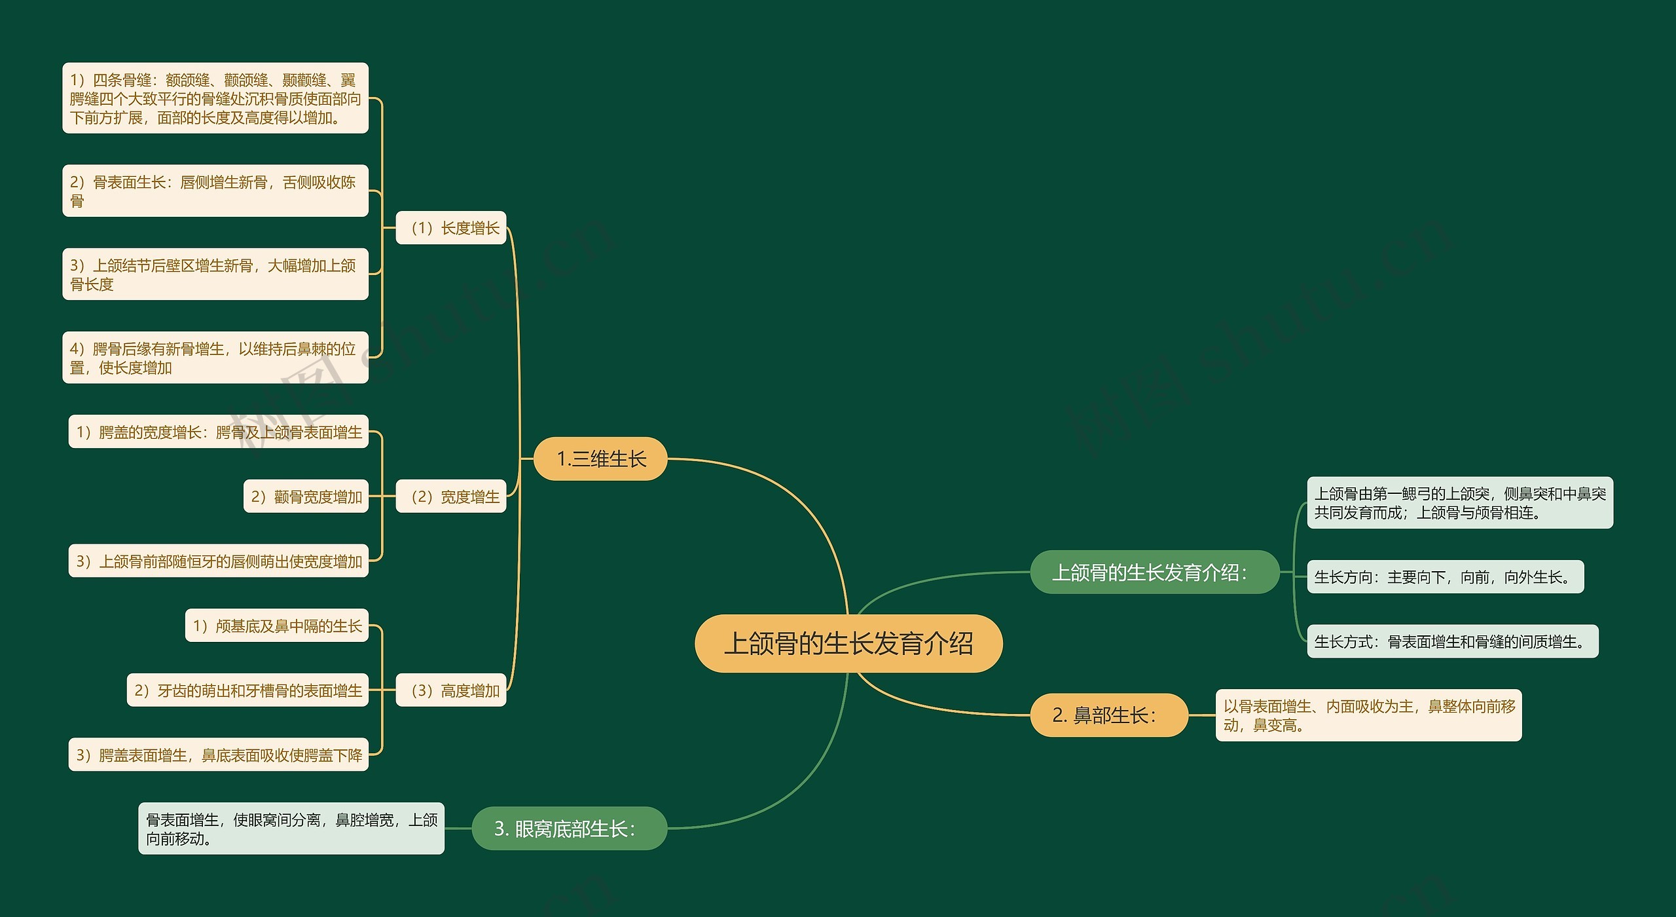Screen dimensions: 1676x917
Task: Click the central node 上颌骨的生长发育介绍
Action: (848, 643)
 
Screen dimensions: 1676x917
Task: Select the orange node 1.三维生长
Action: (600, 458)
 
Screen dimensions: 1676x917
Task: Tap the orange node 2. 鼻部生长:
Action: (1108, 715)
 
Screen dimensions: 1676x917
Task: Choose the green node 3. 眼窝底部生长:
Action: (569, 829)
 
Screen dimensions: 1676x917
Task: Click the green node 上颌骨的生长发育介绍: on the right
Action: (1154, 572)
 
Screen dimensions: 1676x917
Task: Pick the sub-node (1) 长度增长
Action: (451, 228)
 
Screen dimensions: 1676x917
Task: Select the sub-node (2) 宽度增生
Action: (451, 496)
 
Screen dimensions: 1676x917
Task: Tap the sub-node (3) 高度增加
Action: (451, 690)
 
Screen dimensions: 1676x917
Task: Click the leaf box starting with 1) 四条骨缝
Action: (215, 98)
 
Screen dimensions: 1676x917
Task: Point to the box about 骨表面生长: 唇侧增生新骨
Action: (215, 191)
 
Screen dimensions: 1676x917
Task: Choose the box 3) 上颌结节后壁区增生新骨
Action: (215, 274)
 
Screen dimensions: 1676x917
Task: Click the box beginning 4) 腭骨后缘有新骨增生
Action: (215, 358)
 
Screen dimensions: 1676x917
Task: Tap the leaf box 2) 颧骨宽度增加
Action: (306, 496)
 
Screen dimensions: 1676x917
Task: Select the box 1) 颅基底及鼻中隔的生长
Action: (277, 626)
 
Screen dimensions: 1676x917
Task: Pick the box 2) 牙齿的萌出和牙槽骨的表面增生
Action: (247, 690)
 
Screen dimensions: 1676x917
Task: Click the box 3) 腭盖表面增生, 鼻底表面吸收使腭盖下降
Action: (219, 755)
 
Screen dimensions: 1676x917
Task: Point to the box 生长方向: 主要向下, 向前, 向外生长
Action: (1445, 576)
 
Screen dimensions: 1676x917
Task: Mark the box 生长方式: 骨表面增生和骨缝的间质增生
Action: (1452, 641)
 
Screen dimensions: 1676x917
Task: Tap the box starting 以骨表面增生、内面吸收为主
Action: (1368, 715)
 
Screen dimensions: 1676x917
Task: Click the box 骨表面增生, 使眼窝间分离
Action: (291, 829)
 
